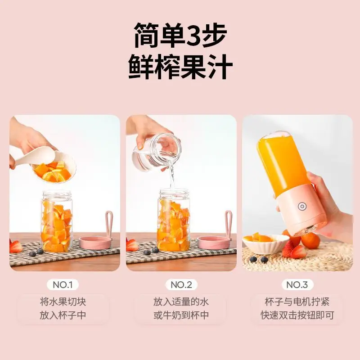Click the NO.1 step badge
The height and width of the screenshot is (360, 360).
tap(63, 285)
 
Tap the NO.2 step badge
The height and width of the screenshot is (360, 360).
tap(181, 285)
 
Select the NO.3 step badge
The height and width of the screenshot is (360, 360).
tap(297, 285)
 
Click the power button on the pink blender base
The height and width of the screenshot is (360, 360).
tap(302, 206)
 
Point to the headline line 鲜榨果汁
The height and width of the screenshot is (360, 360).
tap(180, 67)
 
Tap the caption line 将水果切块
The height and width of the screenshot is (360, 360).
tap(63, 301)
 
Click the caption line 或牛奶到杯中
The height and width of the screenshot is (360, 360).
tap(181, 315)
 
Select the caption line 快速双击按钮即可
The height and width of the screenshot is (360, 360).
tap(297, 315)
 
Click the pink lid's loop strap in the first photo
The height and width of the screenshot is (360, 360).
tap(109, 223)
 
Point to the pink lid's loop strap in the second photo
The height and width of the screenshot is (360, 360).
tap(229, 223)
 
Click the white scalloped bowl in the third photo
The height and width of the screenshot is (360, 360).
tap(266, 244)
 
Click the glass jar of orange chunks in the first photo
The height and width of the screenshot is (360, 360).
tap(57, 221)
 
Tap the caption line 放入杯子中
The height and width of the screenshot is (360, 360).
tap(63, 315)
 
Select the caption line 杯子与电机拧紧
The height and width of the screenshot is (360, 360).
tap(297, 301)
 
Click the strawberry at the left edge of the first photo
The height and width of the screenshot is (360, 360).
tap(15, 246)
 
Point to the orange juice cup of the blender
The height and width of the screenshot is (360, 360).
tap(283, 162)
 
